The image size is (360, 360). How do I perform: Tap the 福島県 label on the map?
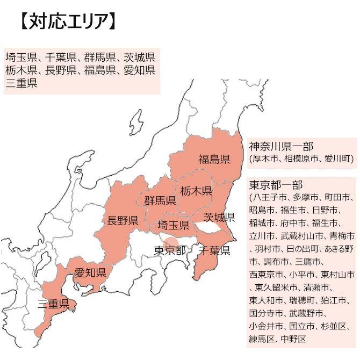(x=214, y=159)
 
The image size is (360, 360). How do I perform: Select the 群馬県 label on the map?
(x=160, y=201)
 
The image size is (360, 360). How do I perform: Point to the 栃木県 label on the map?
(x=196, y=191)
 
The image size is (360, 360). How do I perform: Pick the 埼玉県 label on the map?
(x=173, y=225)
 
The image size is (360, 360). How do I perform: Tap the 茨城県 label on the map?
(x=219, y=217)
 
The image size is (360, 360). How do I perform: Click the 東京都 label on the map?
(x=170, y=250)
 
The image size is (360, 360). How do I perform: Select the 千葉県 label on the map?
(x=214, y=251)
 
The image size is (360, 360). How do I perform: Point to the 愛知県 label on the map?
(x=90, y=273)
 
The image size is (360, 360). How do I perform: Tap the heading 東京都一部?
(x=276, y=185)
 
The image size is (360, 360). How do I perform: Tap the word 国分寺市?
(x=263, y=313)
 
